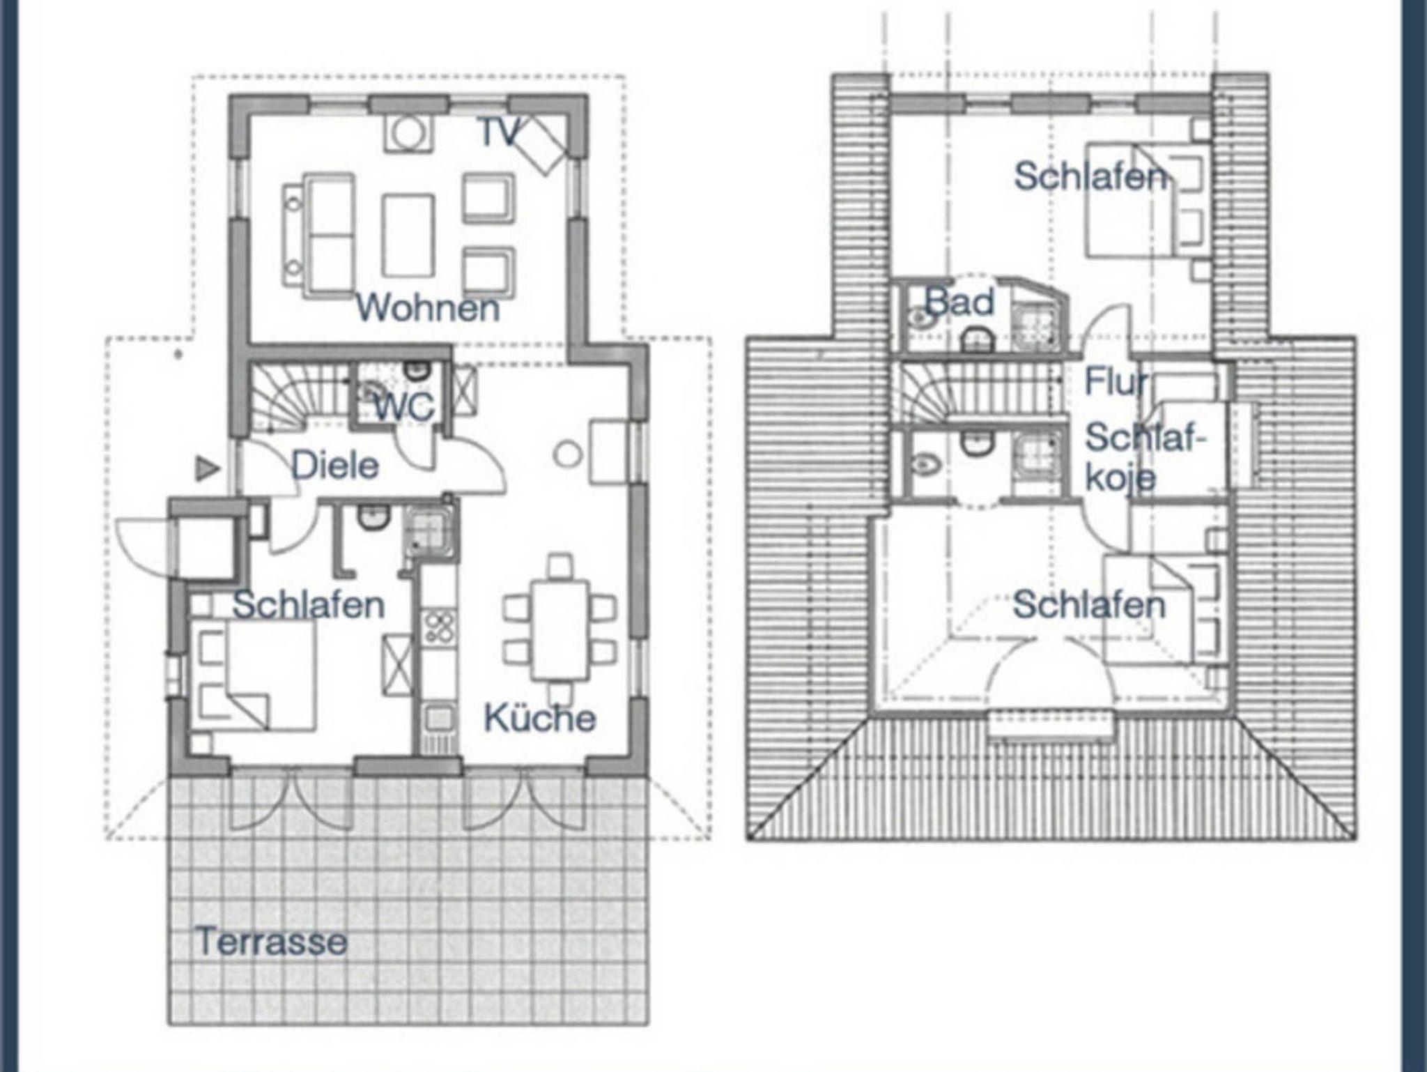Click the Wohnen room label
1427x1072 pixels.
coord(428,307)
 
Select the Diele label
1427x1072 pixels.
coord(334,466)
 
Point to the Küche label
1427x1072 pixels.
coord(540,718)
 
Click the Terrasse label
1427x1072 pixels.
coord(272,942)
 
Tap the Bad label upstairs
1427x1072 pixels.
coord(959,303)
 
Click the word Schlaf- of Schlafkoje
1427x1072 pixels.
coord(1145,438)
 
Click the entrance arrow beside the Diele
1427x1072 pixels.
coord(206,468)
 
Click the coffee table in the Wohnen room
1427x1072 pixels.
coord(408,236)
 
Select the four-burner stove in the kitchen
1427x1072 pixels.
coord(440,627)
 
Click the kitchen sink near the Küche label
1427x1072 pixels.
coord(440,717)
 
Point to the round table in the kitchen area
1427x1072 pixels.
coord(568,455)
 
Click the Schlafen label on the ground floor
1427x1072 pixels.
coord(308,605)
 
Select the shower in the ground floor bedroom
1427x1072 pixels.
coord(430,531)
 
